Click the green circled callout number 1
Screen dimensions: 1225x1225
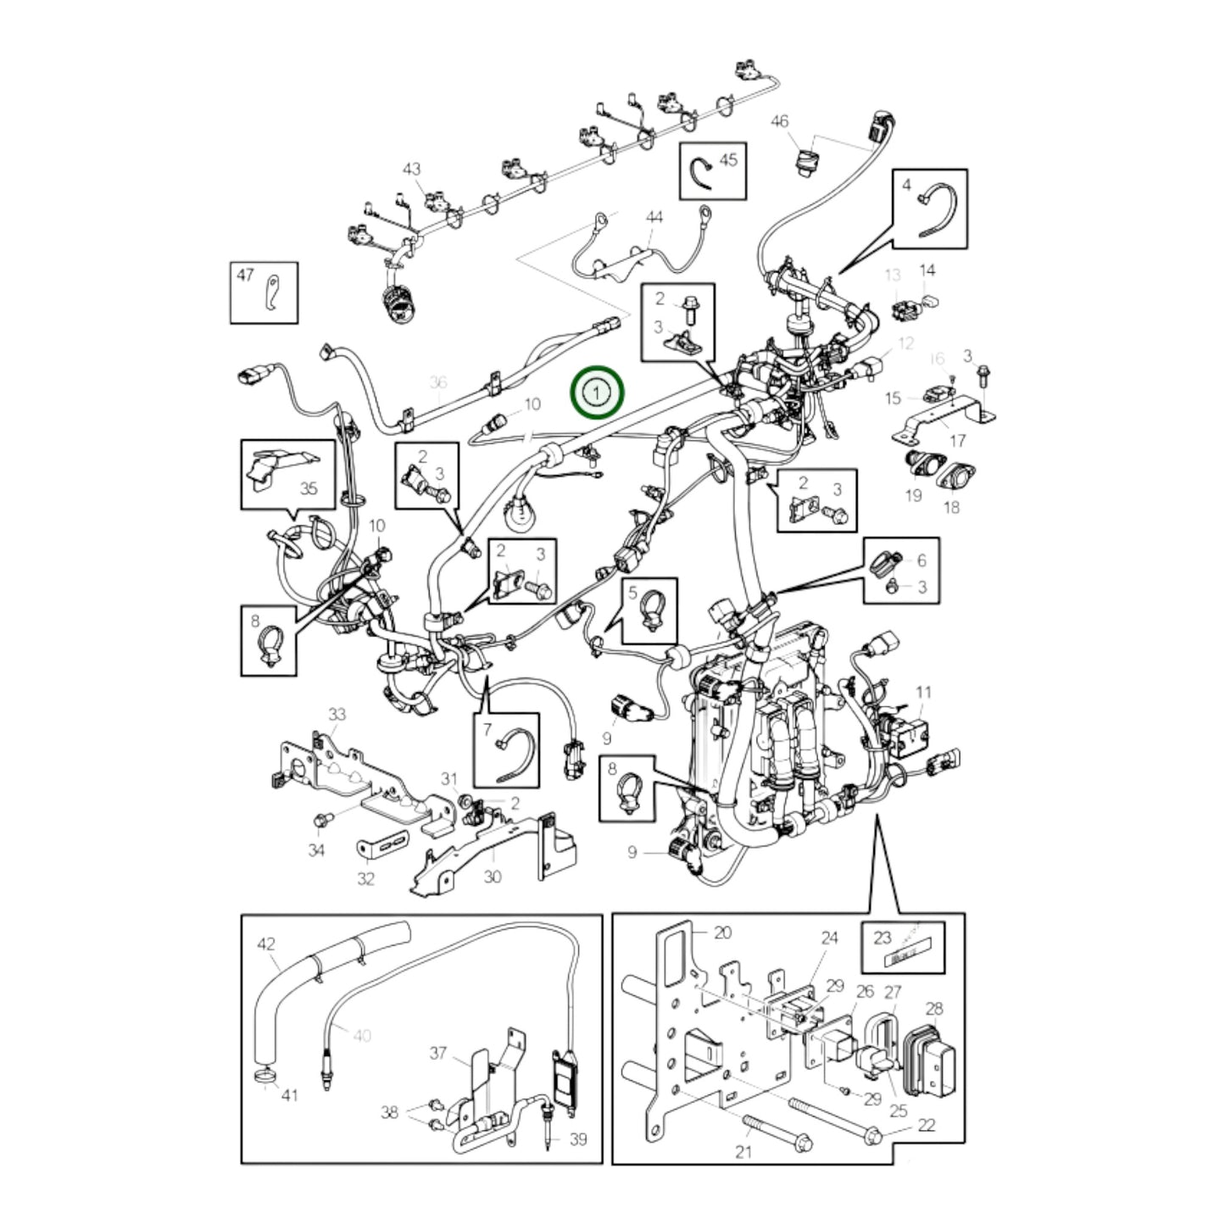[x=598, y=393]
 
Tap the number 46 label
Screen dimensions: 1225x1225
[x=779, y=122]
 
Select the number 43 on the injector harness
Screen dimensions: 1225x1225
[x=411, y=170]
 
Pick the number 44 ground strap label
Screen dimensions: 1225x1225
[x=654, y=219]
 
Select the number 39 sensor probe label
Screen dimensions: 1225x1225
[x=577, y=1139]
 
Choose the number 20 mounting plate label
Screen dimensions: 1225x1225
[x=722, y=933]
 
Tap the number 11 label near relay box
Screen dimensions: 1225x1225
[x=923, y=693]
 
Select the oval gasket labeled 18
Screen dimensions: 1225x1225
[x=952, y=476]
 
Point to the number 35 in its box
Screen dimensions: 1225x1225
[x=309, y=488]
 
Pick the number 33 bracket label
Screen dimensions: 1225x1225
[x=337, y=715]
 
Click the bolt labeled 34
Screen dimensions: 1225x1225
[x=321, y=820]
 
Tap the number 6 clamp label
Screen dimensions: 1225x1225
[x=922, y=560]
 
